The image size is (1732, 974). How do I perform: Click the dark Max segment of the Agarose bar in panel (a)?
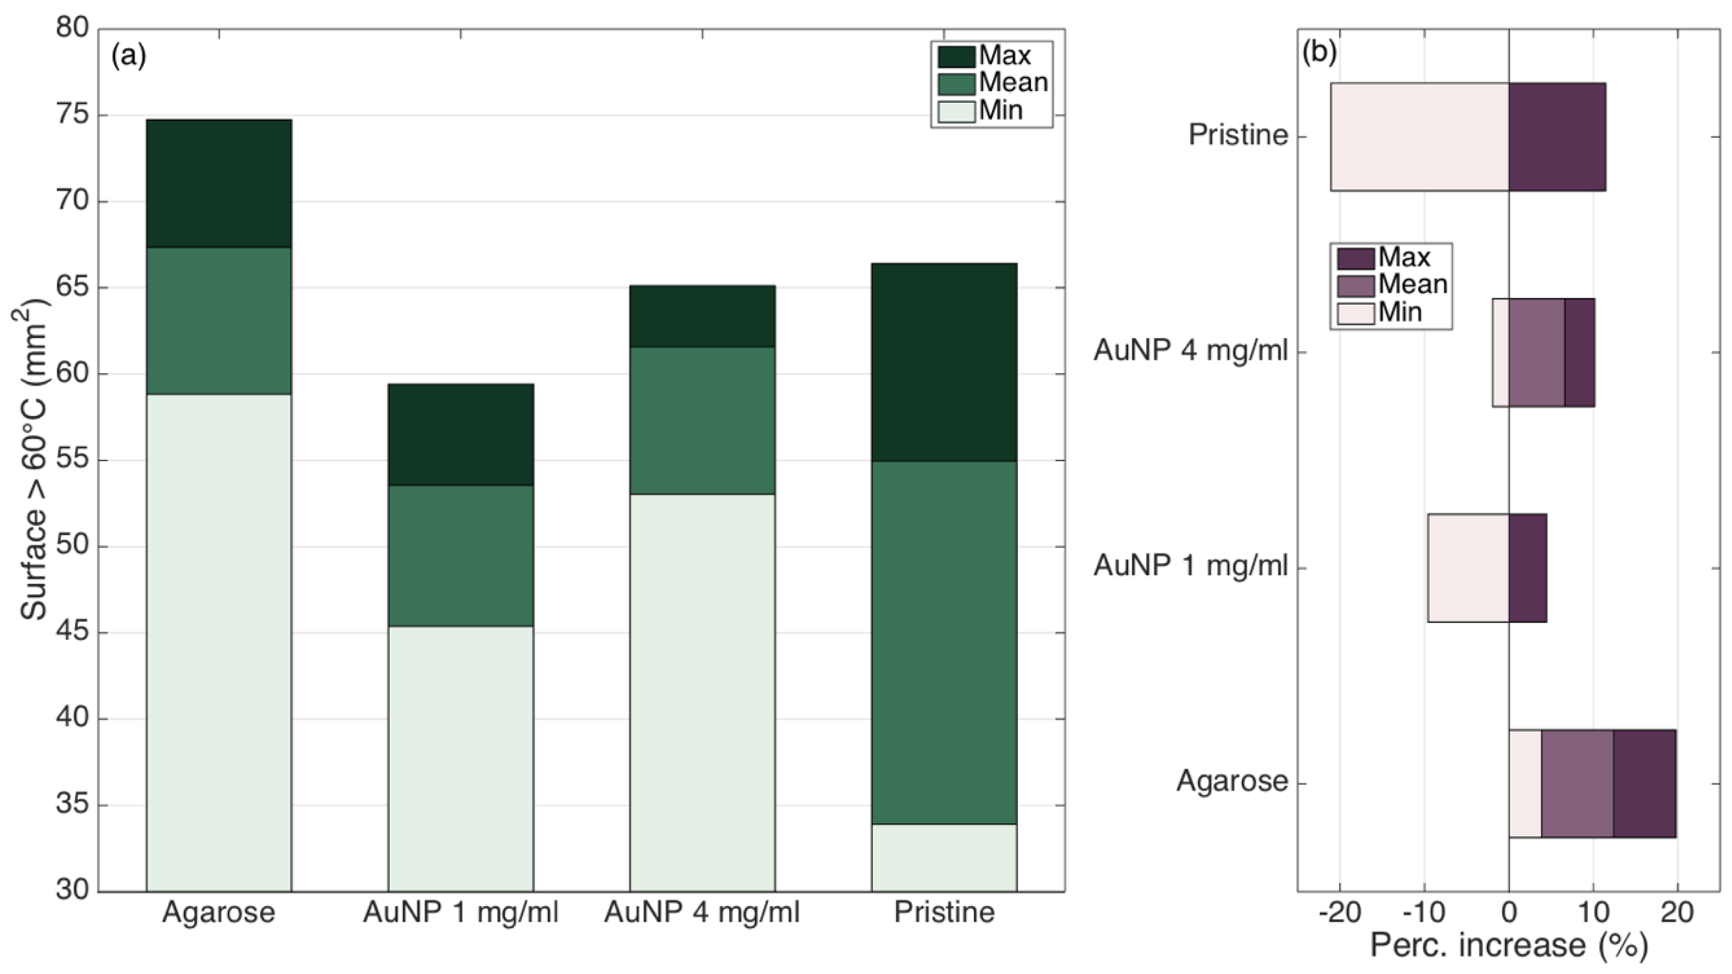tap(219, 184)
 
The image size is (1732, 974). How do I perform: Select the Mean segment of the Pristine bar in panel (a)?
tap(944, 642)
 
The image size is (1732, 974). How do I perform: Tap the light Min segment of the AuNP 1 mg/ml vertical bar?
tap(461, 759)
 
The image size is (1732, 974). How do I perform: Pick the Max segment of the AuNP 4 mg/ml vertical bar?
tap(702, 316)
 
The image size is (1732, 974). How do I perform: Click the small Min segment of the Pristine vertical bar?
tap(944, 858)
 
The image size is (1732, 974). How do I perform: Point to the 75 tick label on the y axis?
tap(73, 115)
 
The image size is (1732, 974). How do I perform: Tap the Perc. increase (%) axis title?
tap(1509, 945)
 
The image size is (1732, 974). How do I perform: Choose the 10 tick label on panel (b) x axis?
tap(1593, 912)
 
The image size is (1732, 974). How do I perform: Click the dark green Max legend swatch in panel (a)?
tap(956, 56)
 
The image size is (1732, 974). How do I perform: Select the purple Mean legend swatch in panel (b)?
tap(1355, 285)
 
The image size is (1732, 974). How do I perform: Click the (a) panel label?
tap(129, 55)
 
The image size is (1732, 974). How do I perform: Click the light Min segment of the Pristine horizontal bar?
tap(1420, 137)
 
